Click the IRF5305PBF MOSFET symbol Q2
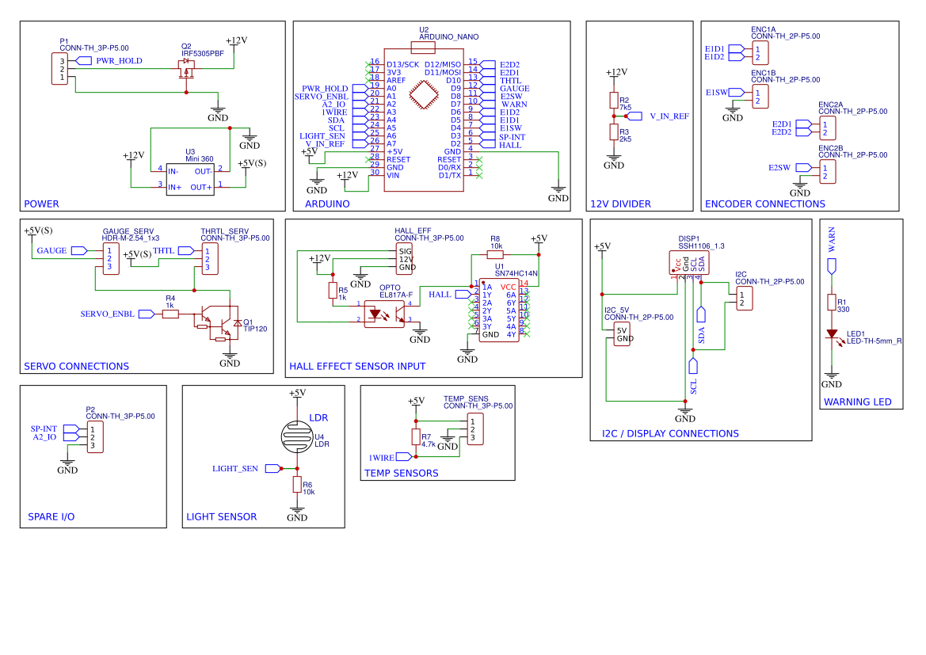[x=187, y=69]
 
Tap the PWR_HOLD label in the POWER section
[x=119, y=61]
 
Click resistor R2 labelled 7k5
[x=613, y=100]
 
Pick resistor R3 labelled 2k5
[x=613, y=131]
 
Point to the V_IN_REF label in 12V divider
[x=669, y=116]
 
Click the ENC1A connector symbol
[x=757, y=53]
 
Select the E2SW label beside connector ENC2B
[x=779, y=168]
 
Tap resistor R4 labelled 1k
[x=170, y=314]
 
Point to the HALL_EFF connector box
[x=406, y=259]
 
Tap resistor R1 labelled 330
[x=832, y=302]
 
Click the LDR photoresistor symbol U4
[x=297, y=436]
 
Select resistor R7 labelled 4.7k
[x=415, y=437]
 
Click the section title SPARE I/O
[x=51, y=516]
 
